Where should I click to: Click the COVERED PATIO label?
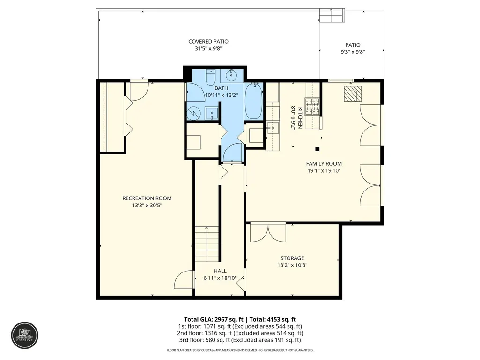coord(208,41)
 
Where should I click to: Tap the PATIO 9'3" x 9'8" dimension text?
coord(353,52)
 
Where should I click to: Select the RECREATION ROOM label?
coord(147,198)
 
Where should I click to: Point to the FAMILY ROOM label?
coord(324,164)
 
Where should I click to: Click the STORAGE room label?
coord(292,258)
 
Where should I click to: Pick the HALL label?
coord(220,271)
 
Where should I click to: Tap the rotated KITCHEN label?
coord(300,118)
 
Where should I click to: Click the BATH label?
coord(221,88)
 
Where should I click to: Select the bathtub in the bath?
coord(254,102)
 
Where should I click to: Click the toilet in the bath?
coord(211,78)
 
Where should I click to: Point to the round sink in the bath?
coord(231,74)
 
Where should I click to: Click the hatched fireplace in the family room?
coord(353,93)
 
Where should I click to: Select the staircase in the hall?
coord(207,244)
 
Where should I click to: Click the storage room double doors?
coord(268,233)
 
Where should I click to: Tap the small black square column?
coord(318,149)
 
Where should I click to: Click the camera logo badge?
coord(25,336)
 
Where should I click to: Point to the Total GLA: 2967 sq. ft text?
coord(214,320)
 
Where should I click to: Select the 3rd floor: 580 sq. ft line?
coord(240,340)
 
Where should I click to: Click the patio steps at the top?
coord(332,15)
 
